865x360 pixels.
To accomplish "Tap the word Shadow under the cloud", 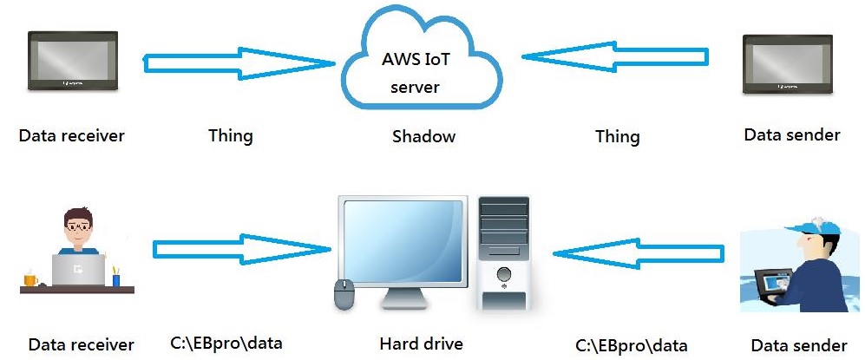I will coord(423,136).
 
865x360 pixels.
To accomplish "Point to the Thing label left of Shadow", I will coord(231,135).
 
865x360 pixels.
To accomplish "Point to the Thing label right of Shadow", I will coord(617,136).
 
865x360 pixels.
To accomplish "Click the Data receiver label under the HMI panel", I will coord(72,135).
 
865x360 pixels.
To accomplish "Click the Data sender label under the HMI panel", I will coord(792,134).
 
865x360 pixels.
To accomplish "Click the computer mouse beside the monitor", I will coord(344,295).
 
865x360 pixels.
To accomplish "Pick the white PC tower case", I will coord(504,252).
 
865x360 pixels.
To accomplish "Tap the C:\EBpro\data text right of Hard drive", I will coord(631,344).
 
